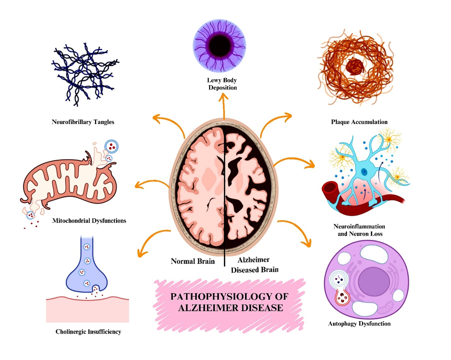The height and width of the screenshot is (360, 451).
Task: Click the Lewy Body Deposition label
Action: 222,84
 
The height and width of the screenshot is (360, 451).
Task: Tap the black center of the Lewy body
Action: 221,44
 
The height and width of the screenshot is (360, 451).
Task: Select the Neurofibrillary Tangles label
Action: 83,123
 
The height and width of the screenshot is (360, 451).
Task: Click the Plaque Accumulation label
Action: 359,122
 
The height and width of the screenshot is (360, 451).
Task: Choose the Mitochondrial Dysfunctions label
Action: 89,221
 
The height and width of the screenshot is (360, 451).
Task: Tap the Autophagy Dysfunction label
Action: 358,323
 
